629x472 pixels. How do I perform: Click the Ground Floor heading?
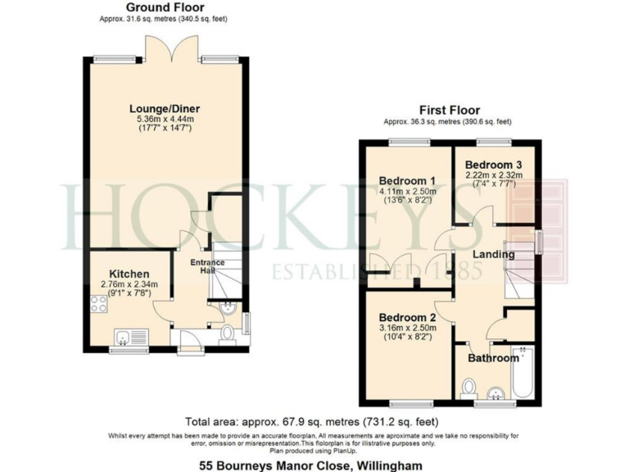(153, 7)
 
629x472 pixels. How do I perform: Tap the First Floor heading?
(449, 111)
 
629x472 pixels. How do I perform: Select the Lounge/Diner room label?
(165, 108)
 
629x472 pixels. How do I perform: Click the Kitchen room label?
(129, 274)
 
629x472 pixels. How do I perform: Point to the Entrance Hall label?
(208, 266)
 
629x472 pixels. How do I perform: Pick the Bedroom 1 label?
(406, 181)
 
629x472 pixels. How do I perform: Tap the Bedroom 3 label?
(495, 165)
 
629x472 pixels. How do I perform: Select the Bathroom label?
(493, 358)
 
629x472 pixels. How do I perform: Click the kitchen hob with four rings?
(99, 304)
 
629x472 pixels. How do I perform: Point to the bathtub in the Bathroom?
(522, 374)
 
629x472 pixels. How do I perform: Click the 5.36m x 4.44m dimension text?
(165, 120)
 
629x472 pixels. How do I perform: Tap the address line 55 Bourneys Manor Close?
(314, 463)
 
